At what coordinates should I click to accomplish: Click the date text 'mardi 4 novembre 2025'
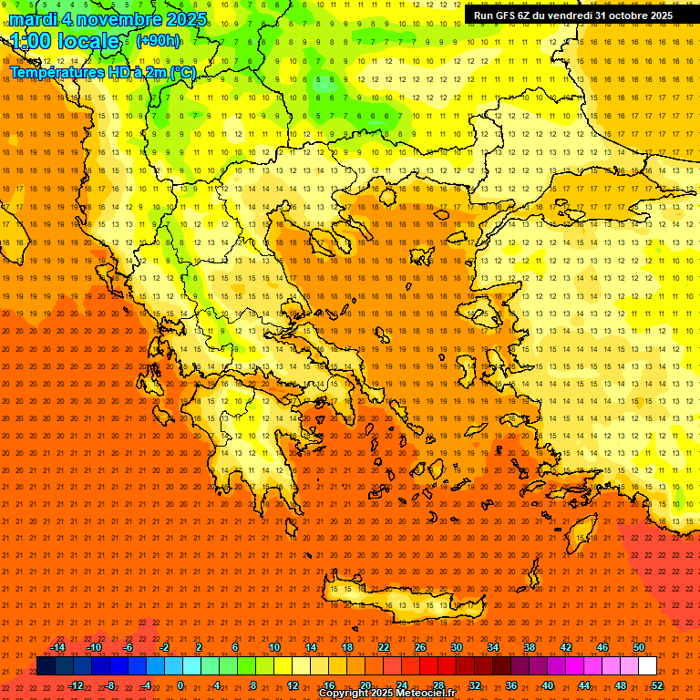[x=108, y=19]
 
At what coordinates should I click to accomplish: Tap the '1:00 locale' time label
[x=66, y=41]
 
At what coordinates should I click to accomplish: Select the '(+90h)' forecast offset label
[x=158, y=41]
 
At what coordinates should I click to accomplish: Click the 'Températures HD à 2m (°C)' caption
[x=102, y=72]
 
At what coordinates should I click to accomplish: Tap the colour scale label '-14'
[x=58, y=647]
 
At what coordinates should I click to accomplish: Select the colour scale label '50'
[x=639, y=647]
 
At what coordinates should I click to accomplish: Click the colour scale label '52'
[x=657, y=685]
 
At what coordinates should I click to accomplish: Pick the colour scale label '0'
[x=180, y=685]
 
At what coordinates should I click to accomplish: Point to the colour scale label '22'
[x=384, y=647]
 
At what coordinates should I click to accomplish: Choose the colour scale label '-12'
[x=77, y=685]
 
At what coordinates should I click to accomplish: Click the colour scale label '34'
[x=493, y=647]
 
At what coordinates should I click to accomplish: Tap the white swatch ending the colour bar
[x=647, y=666]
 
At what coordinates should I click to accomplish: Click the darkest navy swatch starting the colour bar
[x=46, y=666]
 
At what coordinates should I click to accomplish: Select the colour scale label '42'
[x=566, y=647]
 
